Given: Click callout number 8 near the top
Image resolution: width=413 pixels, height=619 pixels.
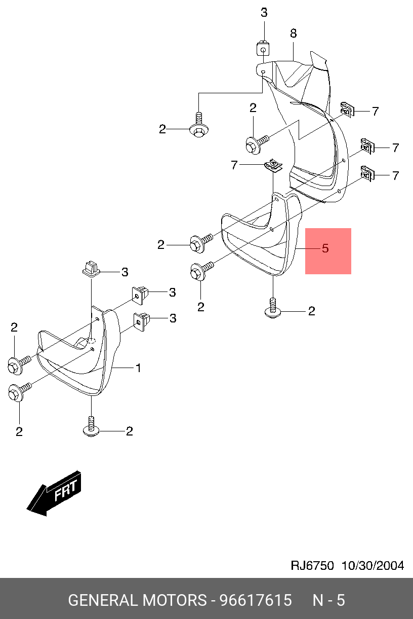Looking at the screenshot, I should pos(293,33).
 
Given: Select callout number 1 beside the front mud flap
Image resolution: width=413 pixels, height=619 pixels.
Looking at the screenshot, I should pos(138,368).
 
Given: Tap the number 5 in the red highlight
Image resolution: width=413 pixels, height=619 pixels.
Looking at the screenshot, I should pos(325,248).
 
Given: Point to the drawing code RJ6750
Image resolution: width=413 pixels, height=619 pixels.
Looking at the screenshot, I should pos(312,566).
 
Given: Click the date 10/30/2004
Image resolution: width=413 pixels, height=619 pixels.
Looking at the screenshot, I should pos(373,566).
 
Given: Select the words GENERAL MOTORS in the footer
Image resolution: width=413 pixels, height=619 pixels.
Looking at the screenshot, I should pos(136,600).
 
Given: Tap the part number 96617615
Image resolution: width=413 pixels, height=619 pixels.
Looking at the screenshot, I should pos(255,600).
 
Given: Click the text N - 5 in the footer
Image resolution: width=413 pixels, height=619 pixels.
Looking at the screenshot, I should pos(328,600).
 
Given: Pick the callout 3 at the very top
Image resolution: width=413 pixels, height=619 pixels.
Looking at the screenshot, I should pos(264,13).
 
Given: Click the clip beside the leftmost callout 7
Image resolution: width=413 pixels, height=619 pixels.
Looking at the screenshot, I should pos(273,165).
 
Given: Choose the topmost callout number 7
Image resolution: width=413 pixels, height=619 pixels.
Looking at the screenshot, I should pos(375,111).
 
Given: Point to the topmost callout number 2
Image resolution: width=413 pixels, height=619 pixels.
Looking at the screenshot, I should pos(253,107).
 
